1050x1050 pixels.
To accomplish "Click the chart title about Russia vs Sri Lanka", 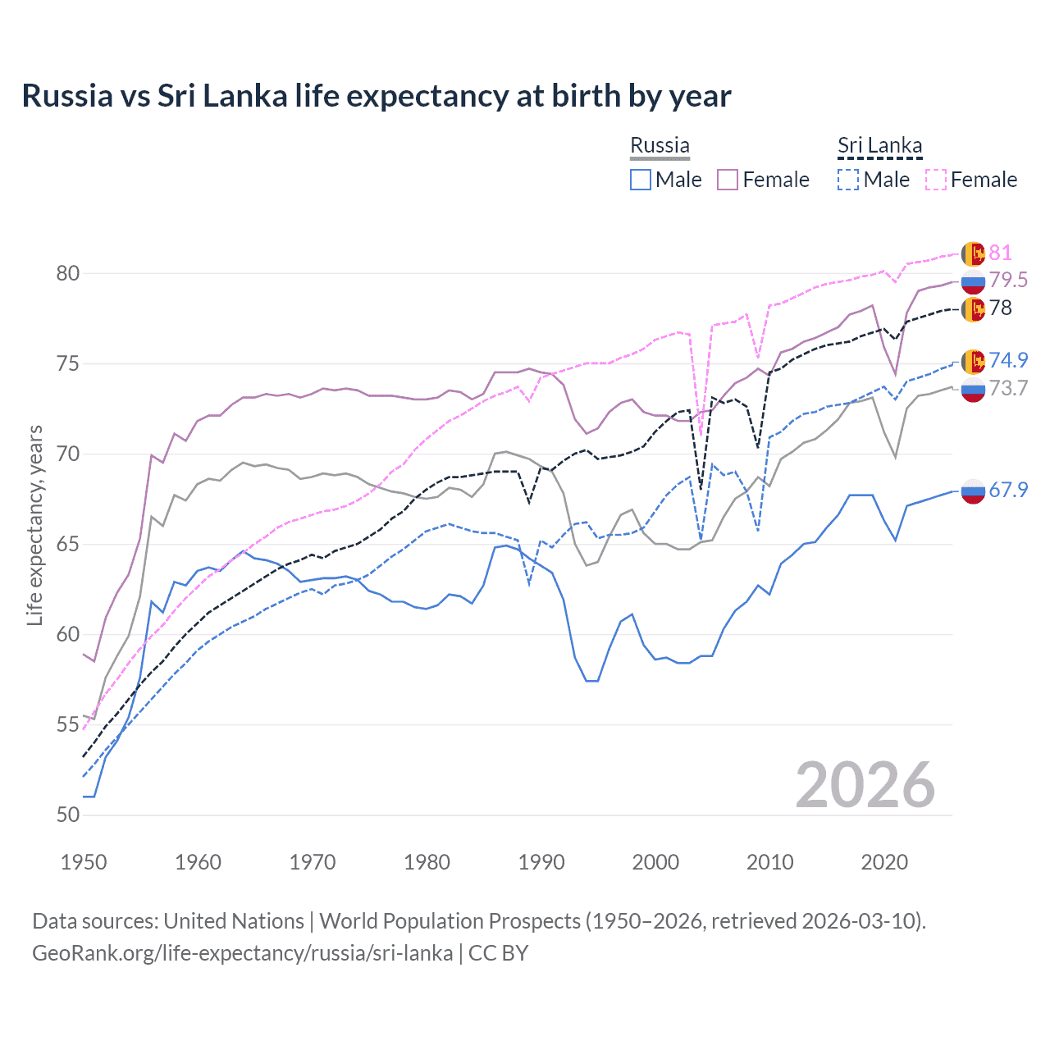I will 376,96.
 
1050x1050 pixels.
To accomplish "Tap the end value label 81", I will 1000,253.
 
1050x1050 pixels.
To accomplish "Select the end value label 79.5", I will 1008,280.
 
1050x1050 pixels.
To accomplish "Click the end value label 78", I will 1000,308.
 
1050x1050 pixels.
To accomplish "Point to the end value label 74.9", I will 1008,360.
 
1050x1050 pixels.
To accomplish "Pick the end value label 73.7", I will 1008,388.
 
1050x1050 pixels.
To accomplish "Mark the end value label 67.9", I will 1008,490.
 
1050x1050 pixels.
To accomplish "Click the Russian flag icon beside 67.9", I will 973,491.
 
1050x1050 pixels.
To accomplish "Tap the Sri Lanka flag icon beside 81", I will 973,253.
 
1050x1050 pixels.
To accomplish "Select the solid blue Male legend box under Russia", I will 641,180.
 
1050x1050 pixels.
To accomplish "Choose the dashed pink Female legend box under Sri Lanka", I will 936,180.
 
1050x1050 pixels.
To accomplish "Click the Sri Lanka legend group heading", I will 879,146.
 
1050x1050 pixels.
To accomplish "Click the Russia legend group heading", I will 660,145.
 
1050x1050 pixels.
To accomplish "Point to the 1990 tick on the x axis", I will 541,862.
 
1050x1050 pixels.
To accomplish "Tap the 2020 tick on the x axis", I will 884,862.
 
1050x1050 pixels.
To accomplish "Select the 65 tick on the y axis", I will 68,544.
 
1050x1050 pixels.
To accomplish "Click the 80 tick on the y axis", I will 68,273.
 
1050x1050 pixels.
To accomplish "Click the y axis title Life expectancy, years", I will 35,525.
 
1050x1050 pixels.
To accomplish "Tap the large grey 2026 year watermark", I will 865,785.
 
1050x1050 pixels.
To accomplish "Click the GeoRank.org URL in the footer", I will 242,953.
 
